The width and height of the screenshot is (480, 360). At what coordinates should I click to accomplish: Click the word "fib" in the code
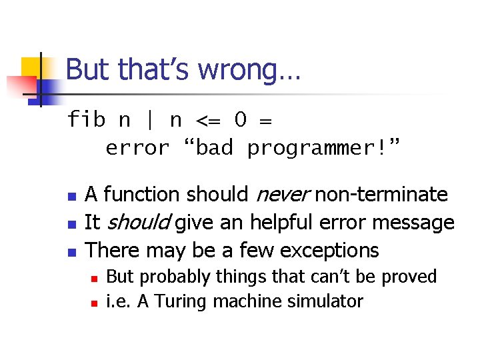point(87,120)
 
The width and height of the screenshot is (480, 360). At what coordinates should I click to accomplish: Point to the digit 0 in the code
point(241,120)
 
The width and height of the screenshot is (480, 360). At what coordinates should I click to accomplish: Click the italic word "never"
point(281,195)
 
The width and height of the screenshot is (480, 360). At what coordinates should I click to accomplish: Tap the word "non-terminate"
point(381,195)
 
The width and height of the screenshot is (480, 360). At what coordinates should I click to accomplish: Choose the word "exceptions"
point(329,250)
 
